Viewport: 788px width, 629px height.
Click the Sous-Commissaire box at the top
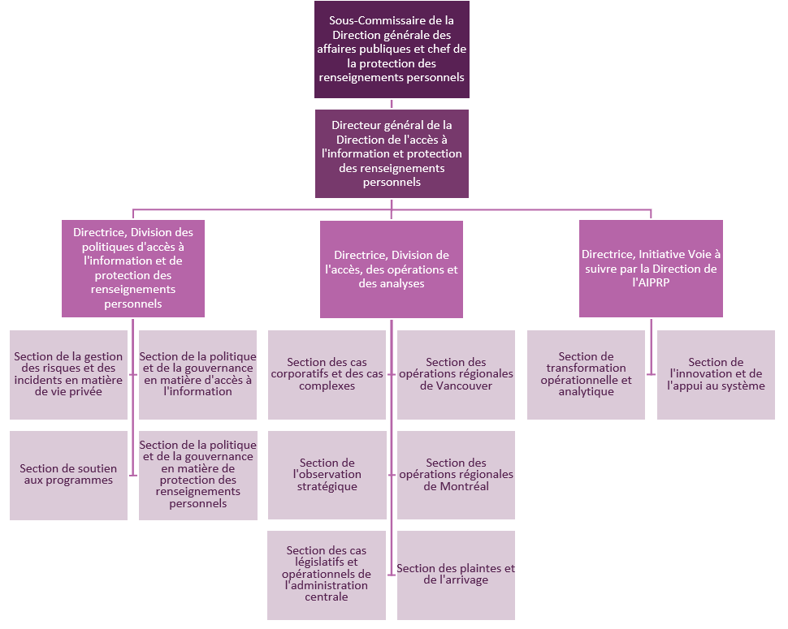coord(392,50)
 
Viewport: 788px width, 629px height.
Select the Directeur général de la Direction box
coord(392,153)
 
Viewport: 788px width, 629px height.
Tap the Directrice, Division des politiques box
coord(133,268)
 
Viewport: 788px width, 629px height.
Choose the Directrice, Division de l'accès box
coord(392,269)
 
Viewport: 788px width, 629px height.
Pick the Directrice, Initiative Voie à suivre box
coord(651,269)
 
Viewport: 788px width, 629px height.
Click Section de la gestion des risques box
coord(69,374)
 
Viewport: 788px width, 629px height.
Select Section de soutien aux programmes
coord(69,475)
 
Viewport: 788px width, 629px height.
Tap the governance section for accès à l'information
coord(197,374)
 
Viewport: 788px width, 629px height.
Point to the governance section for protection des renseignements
coord(197,475)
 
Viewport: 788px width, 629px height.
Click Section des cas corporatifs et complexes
coord(327,374)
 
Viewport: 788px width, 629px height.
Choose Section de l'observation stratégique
coord(327,475)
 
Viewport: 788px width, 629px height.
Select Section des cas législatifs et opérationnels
coord(327,575)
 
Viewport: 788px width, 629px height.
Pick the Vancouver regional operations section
coord(456,374)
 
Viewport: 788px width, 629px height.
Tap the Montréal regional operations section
coord(456,475)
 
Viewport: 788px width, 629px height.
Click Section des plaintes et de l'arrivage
coord(456,575)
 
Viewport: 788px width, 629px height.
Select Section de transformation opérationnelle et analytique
coord(586,374)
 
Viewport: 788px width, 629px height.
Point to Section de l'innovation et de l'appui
coord(716,374)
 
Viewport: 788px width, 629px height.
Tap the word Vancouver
coord(457,386)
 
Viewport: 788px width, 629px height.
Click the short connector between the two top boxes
coord(392,104)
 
